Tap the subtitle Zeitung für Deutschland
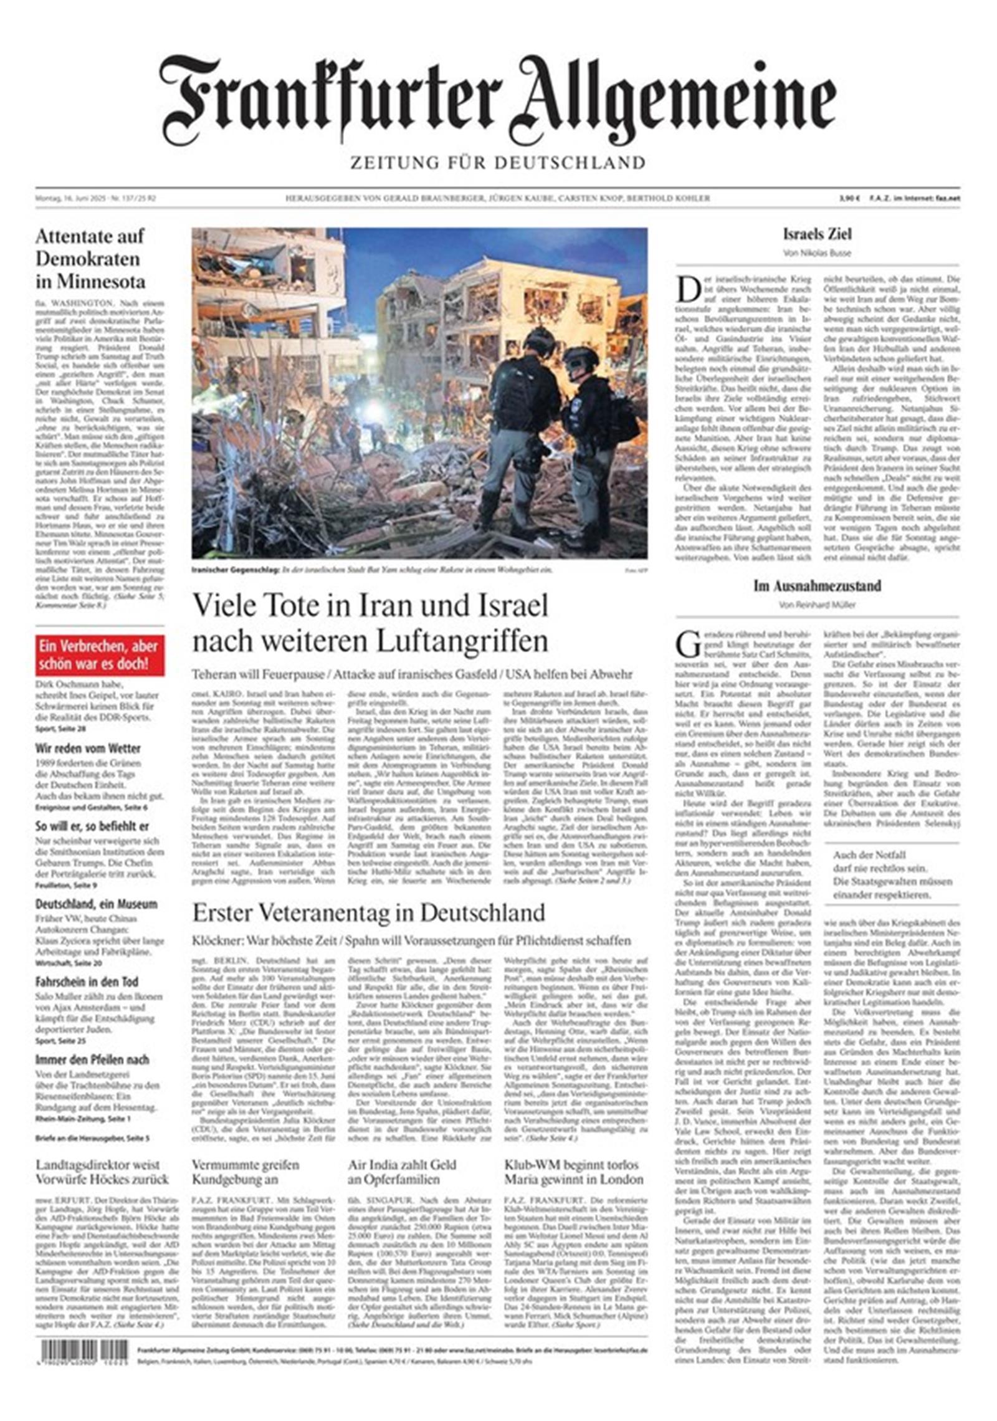497,163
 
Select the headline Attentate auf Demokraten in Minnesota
90,259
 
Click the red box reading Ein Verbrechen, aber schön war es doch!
100,655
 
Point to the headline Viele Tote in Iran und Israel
370,623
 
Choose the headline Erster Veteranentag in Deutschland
368,913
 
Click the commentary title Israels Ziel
817,234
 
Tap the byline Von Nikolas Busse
817,253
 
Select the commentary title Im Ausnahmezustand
817,586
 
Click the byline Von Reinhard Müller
817,605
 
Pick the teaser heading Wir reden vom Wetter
88,748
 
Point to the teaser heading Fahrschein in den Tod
87,982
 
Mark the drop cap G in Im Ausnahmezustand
689,644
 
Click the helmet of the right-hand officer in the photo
580,356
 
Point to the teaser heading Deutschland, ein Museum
96,904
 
